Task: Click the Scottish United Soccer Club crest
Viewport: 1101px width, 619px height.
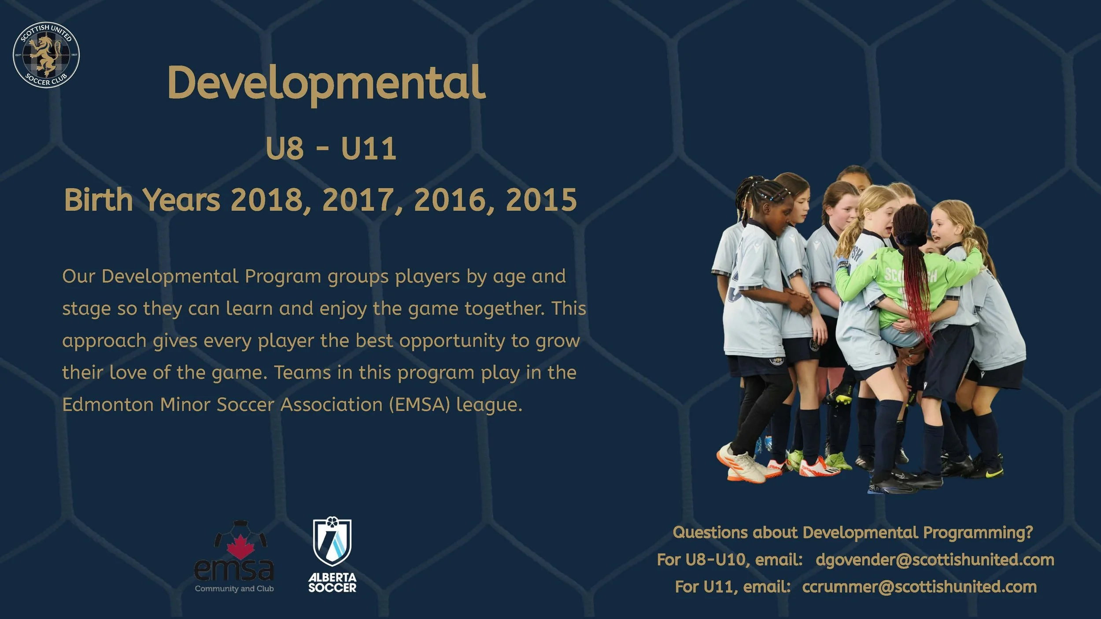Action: click(46, 55)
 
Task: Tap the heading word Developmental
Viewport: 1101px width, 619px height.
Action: click(326, 83)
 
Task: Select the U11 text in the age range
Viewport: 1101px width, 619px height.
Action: click(369, 149)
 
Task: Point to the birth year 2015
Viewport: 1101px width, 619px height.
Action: click(541, 200)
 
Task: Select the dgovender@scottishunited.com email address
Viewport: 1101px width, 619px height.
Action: click(935, 560)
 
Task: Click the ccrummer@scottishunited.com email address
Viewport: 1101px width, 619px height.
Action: click(919, 587)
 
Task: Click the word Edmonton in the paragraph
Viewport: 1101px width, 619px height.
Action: click(107, 405)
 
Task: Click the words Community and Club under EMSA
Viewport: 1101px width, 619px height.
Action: click(234, 589)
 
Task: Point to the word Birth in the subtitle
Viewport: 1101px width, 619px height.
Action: click(98, 200)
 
